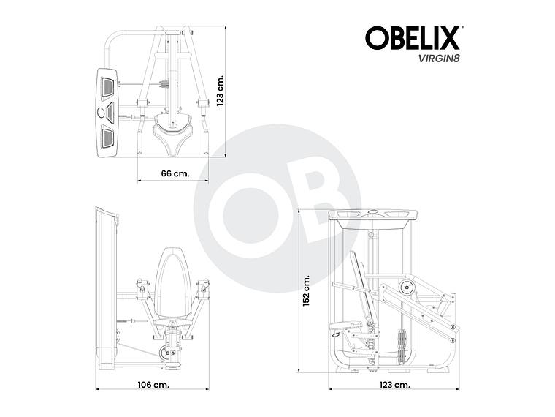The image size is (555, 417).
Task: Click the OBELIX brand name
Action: [413, 37]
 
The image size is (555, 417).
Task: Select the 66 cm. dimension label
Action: [175, 173]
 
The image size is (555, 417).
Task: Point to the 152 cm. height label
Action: [307, 293]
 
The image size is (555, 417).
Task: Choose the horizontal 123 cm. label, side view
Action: [395, 383]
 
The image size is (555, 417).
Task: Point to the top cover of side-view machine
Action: [373, 214]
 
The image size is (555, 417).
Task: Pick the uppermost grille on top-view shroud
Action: [107, 86]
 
